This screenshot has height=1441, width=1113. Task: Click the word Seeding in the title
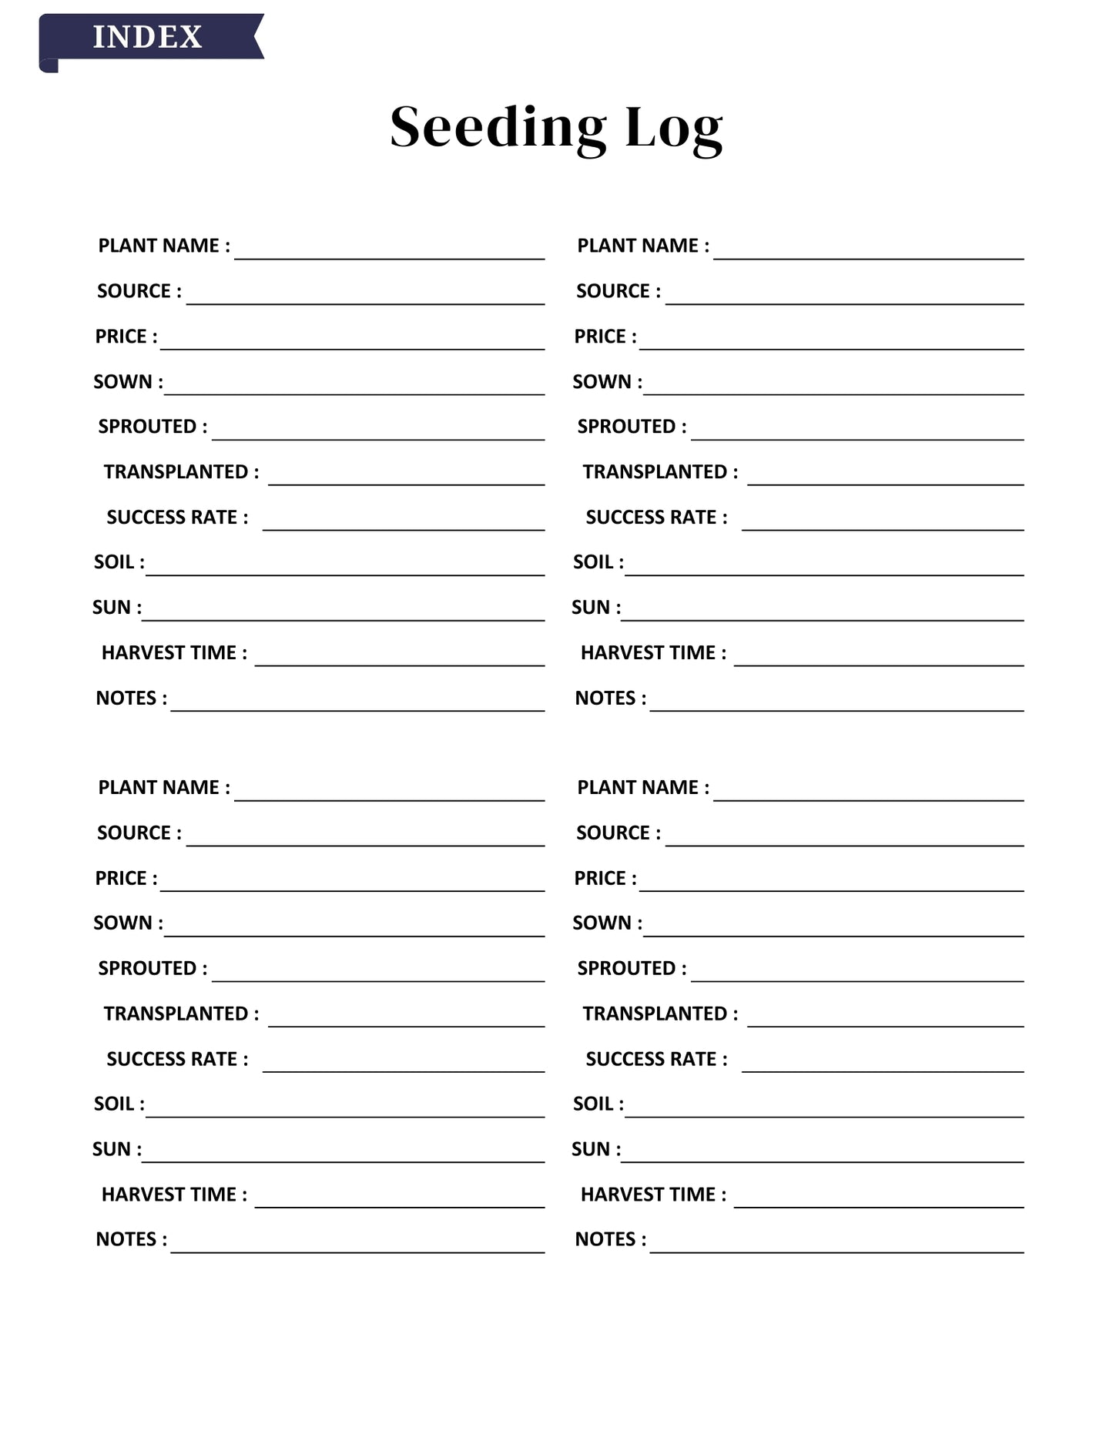498,128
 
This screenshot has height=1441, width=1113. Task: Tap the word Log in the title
673,129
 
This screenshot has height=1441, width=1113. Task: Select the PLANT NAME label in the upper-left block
163,246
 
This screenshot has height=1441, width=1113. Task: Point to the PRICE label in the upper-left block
126,337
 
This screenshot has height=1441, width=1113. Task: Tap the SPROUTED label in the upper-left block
153,427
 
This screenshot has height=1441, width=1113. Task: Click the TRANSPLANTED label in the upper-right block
660,472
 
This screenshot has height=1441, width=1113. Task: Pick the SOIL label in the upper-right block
598,562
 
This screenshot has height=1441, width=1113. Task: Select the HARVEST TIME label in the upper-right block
653,653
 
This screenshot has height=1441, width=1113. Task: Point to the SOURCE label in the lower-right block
618,833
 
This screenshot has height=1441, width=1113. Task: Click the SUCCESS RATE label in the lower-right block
656,1059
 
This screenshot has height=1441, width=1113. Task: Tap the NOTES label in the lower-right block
610,1239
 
